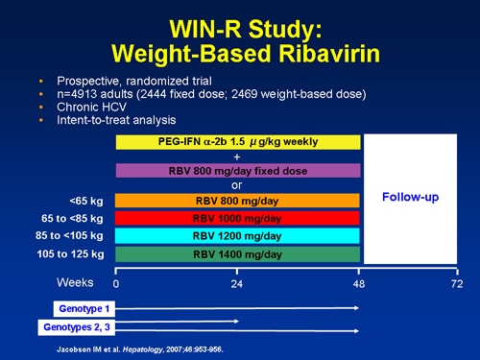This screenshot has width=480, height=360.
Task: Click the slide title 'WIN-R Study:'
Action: pos(239,21)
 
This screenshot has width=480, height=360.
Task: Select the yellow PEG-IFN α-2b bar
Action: pos(238,142)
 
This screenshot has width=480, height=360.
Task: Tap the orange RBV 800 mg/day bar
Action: pos(238,201)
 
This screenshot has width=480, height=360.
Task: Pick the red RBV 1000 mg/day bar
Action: pos(238,218)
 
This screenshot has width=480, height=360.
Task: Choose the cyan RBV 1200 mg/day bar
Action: pos(238,236)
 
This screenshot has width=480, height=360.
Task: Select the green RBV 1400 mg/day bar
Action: pos(238,254)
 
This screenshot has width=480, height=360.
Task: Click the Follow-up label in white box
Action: pos(410,197)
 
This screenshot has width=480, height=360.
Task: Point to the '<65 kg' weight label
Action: pos(87,201)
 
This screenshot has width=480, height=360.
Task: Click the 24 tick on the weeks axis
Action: pos(238,284)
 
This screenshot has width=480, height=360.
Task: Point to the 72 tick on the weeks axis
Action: pos(457,284)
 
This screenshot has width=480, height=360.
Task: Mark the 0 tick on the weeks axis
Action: pos(116,284)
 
